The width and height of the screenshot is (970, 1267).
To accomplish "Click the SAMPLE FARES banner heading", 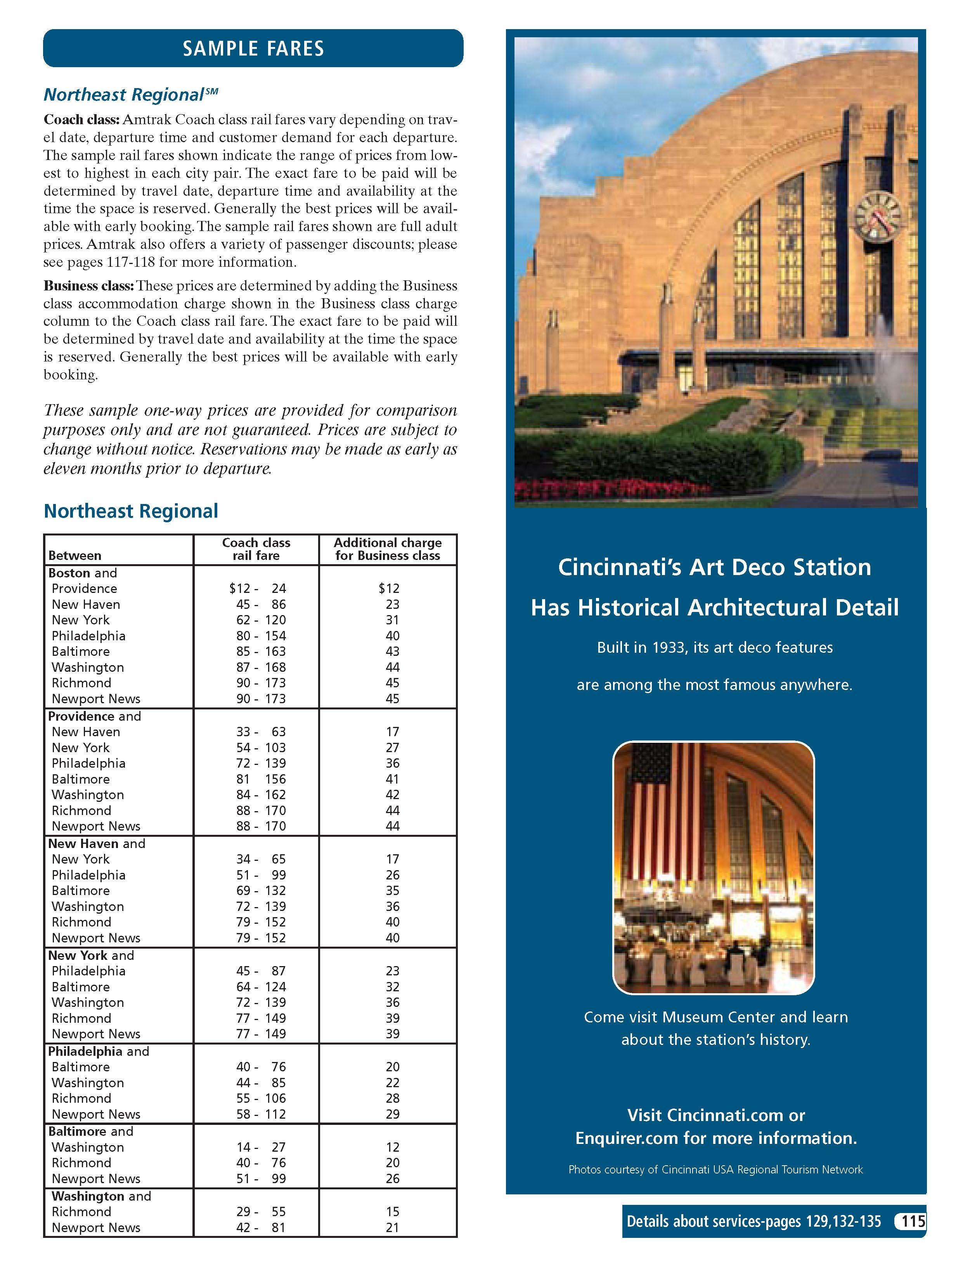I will [x=253, y=48].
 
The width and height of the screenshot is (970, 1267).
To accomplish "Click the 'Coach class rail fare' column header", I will [x=256, y=549].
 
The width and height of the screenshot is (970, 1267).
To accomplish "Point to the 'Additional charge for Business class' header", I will [x=388, y=549].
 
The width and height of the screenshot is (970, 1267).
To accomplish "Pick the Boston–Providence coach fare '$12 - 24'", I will [x=258, y=588].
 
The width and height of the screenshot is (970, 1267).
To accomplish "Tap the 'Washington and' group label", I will [x=101, y=1196].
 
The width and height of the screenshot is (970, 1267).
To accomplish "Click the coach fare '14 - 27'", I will [x=261, y=1147].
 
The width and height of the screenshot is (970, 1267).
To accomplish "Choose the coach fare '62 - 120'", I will [x=261, y=620].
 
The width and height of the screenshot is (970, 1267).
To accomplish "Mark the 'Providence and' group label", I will [x=94, y=716].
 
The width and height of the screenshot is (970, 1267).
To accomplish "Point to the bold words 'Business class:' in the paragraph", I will [x=88, y=286].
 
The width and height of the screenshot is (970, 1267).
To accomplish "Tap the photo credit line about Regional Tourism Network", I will [x=715, y=1170].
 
